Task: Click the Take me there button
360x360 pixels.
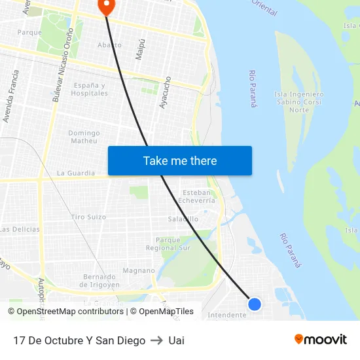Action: click(x=179, y=160)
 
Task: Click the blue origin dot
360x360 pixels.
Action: click(x=255, y=304)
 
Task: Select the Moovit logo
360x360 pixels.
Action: click(x=320, y=339)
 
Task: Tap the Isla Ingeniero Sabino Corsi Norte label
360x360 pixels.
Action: click(x=298, y=101)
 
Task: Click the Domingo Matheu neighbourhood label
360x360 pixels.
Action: click(x=84, y=136)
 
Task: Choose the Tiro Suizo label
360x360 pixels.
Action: click(x=88, y=217)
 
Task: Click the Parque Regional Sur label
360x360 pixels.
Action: click(x=168, y=244)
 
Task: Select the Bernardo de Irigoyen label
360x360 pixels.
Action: click(x=99, y=280)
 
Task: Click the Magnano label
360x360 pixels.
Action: click(x=139, y=270)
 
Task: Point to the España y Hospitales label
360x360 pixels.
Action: click(x=90, y=89)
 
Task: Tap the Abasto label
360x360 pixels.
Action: click(x=109, y=45)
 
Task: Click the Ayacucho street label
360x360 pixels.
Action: click(x=166, y=92)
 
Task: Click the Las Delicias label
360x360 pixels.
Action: click(x=20, y=229)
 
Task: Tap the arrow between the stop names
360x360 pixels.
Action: click(x=156, y=340)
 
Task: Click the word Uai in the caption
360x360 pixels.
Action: click(x=176, y=340)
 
